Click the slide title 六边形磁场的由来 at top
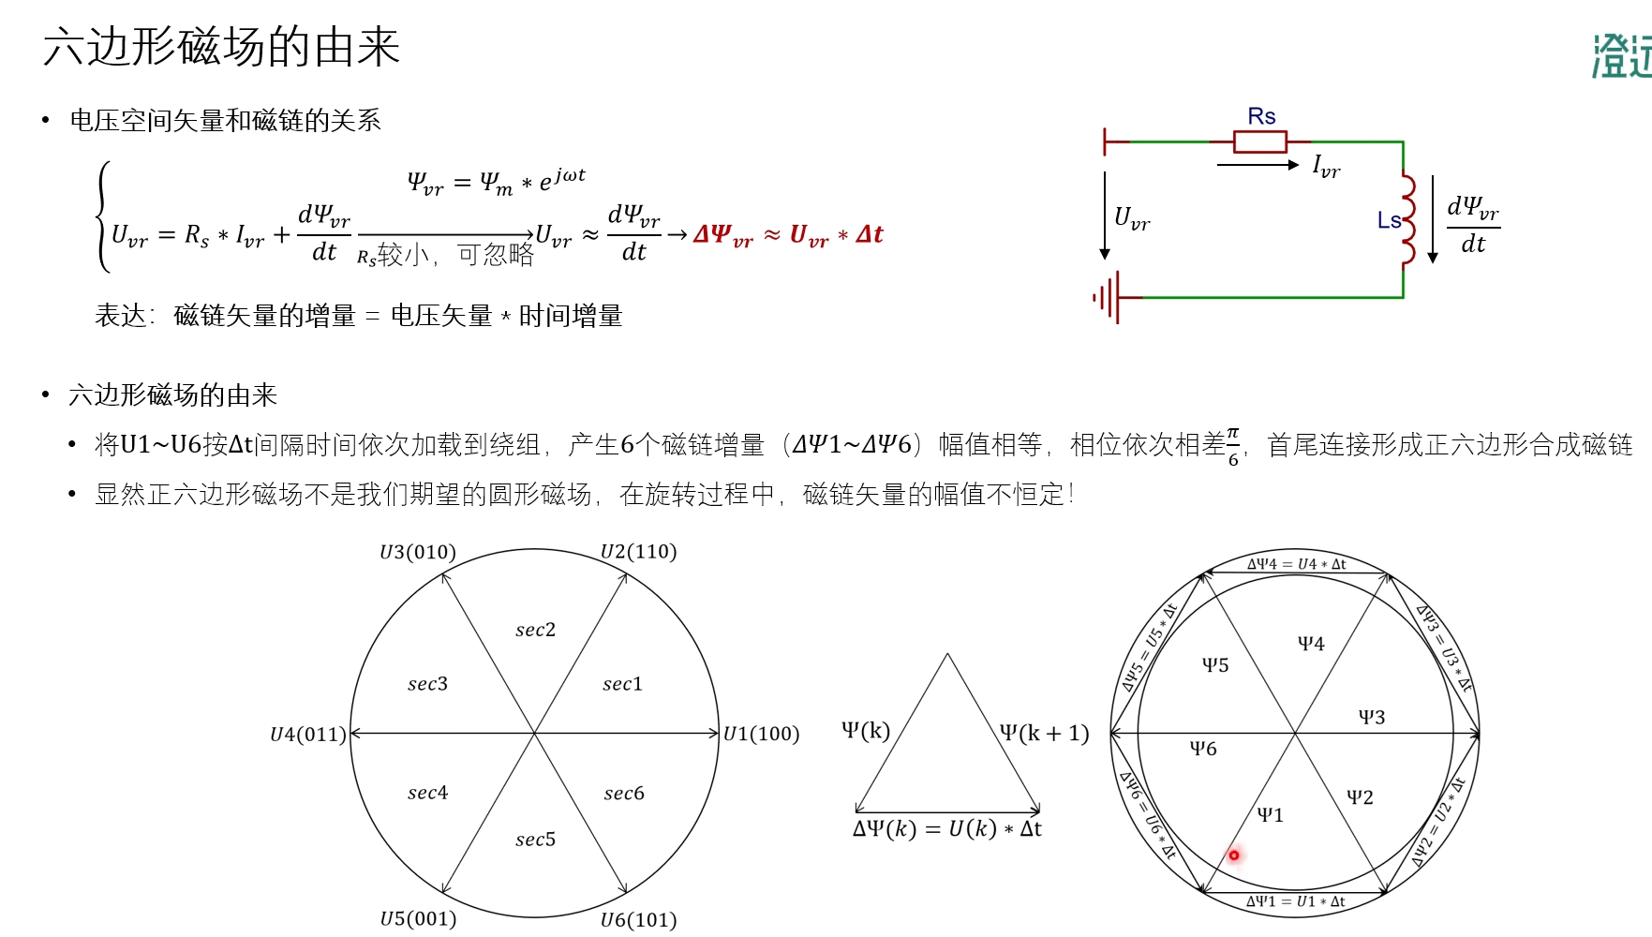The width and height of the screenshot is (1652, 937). [221, 47]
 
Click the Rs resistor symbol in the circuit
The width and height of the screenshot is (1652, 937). [1259, 141]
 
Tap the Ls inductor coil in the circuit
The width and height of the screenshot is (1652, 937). [1407, 220]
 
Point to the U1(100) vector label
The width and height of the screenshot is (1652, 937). [761, 734]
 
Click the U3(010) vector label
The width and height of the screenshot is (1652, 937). [418, 552]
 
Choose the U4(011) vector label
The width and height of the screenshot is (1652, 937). [308, 735]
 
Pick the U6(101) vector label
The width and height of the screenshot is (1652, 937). [638, 920]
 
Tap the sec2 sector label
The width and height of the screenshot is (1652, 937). [535, 630]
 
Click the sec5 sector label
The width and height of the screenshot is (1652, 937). [535, 840]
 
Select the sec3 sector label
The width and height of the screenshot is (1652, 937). [427, 684]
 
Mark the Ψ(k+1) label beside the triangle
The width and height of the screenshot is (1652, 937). [1044, 733]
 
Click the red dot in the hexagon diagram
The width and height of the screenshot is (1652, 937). [1234, 855]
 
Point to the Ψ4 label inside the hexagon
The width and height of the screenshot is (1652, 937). [1311, 644]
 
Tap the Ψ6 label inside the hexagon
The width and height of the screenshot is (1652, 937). [1203, 749]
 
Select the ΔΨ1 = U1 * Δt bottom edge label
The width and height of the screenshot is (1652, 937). [1295, 901]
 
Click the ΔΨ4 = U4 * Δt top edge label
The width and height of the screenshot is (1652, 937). [1296, 564]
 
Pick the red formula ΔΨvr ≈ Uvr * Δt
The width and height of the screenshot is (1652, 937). [788, 234]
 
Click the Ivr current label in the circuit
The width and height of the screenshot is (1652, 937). [1326, 167]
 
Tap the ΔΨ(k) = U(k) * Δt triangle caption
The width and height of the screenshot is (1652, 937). [946, 829]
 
